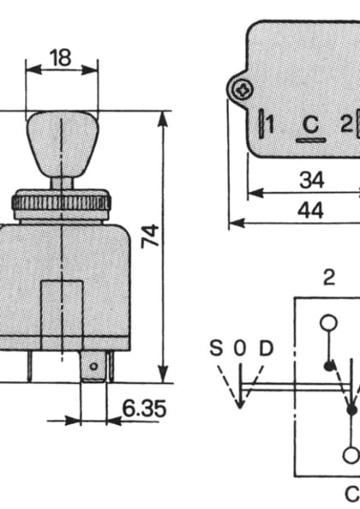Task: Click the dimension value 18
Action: tap(61, 57)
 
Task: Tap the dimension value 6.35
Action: tap(143, 408)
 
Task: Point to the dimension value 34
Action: tap(311, 181)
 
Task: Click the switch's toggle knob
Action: tap(61, 141)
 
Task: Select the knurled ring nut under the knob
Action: tap(61, 203)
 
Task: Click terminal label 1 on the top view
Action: tap(269, 125)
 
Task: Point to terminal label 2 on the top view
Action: tap(346, 124)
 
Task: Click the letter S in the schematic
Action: tap(217, 349)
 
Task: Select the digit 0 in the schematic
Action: tap(240, 349)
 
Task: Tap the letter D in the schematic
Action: tap(266, 349)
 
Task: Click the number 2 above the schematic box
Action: tap(328, 276)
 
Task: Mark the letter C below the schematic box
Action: tap(351, 494)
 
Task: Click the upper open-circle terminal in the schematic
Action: tap(328, 323)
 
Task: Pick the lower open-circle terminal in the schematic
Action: tap(351, 455)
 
